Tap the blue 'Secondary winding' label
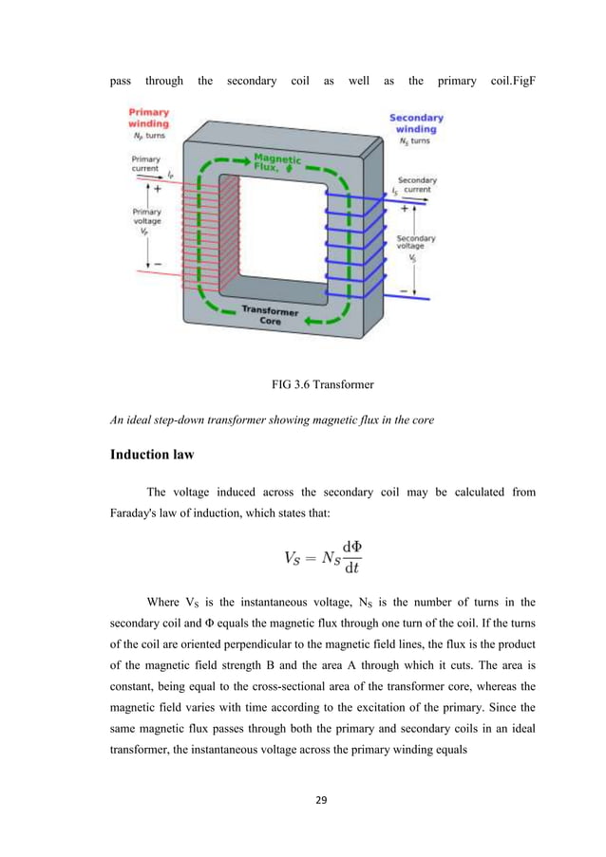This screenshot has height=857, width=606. click(x=414, y=123)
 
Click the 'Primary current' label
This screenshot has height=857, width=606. click(x=145, y=163)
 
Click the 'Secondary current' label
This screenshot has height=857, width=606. click(x=415, y=184)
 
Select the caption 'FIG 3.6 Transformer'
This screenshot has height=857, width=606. click(x=302, y=386)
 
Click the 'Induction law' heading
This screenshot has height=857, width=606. click(x=152, y=455)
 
